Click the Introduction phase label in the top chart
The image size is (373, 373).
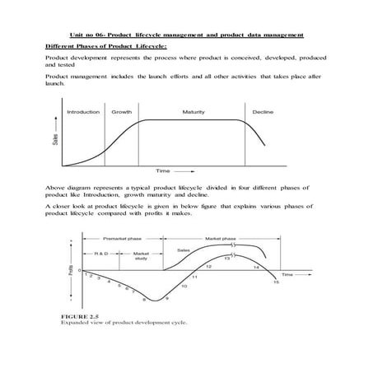tap(83, 111)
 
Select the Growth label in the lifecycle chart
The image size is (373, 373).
tap(122, 111)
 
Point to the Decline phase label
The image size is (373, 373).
tap(263, 111)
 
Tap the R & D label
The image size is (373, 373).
tap(102, 252)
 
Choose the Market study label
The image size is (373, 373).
tap(141, 255)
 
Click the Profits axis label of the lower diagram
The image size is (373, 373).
tap(71, 269)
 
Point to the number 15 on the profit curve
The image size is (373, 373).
tap(276, 282)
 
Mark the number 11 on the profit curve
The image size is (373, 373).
tap(194, 277)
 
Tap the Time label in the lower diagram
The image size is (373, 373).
tap(287, 272)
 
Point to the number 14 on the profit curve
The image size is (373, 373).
tap(256, 268)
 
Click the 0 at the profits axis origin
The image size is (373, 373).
tap(79, 271)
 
